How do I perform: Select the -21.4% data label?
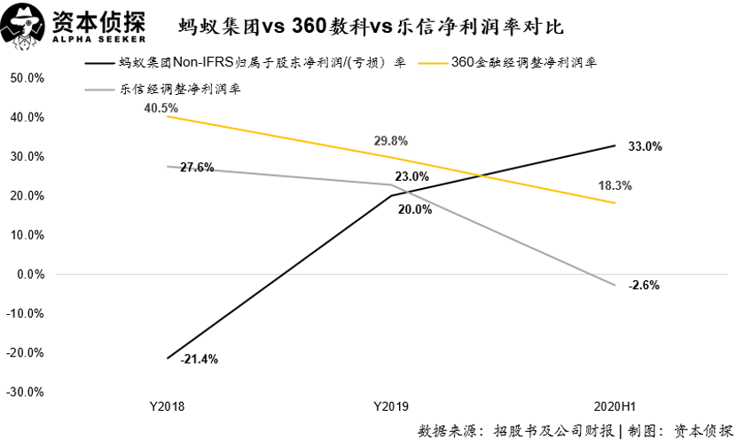[199, 359]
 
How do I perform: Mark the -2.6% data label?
[644, 285]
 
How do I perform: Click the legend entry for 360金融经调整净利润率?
[523, 63]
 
